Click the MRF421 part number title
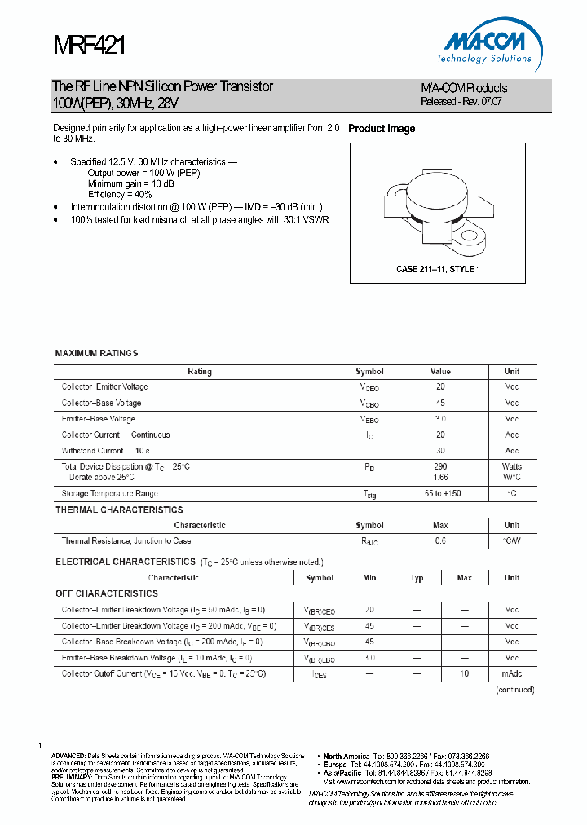click(89, 46)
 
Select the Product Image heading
click(382, 129)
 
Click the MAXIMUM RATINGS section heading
click(96, 353)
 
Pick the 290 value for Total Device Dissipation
click(440, 466)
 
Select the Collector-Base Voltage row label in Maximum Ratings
click(101, 403)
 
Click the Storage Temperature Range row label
click(109, 493)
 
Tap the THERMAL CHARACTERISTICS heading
click(119, 510)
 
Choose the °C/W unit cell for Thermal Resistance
click(511, 540)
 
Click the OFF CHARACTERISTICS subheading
click(107, 593)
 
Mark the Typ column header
click(417, 578)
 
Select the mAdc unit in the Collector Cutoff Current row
click(511, 674)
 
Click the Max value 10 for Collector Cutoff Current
click(465, 674)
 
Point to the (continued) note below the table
click(514, 690)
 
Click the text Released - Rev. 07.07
click(461, 102)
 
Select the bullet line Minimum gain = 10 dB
click(130, 183)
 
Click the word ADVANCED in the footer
click(68, 756)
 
